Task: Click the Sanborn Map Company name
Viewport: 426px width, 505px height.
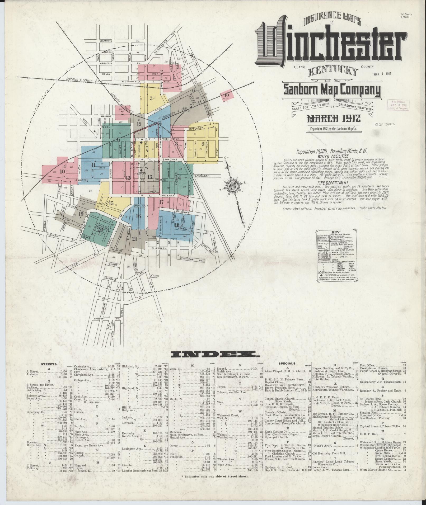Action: click(x=332, y=91)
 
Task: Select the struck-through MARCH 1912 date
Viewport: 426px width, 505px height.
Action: click(x=334, y=118)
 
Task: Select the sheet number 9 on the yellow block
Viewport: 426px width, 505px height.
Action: click(x=203, y=144)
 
